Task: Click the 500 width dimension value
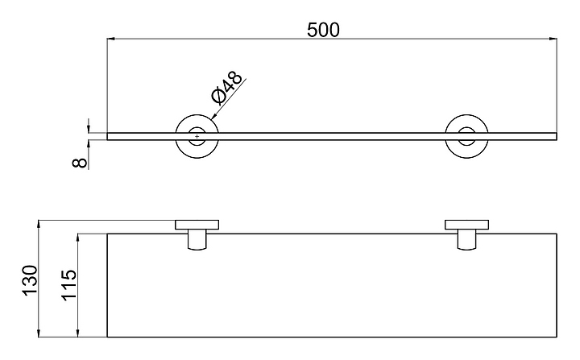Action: (324, 30)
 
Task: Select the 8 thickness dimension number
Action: (78, 162)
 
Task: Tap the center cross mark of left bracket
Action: (197, 136)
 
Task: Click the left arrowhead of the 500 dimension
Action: (112, 39)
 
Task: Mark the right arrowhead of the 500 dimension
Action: (553, 39)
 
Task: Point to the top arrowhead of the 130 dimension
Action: (39, 224)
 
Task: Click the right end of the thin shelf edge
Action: (556, 136)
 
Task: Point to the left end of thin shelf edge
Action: (109, 136)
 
